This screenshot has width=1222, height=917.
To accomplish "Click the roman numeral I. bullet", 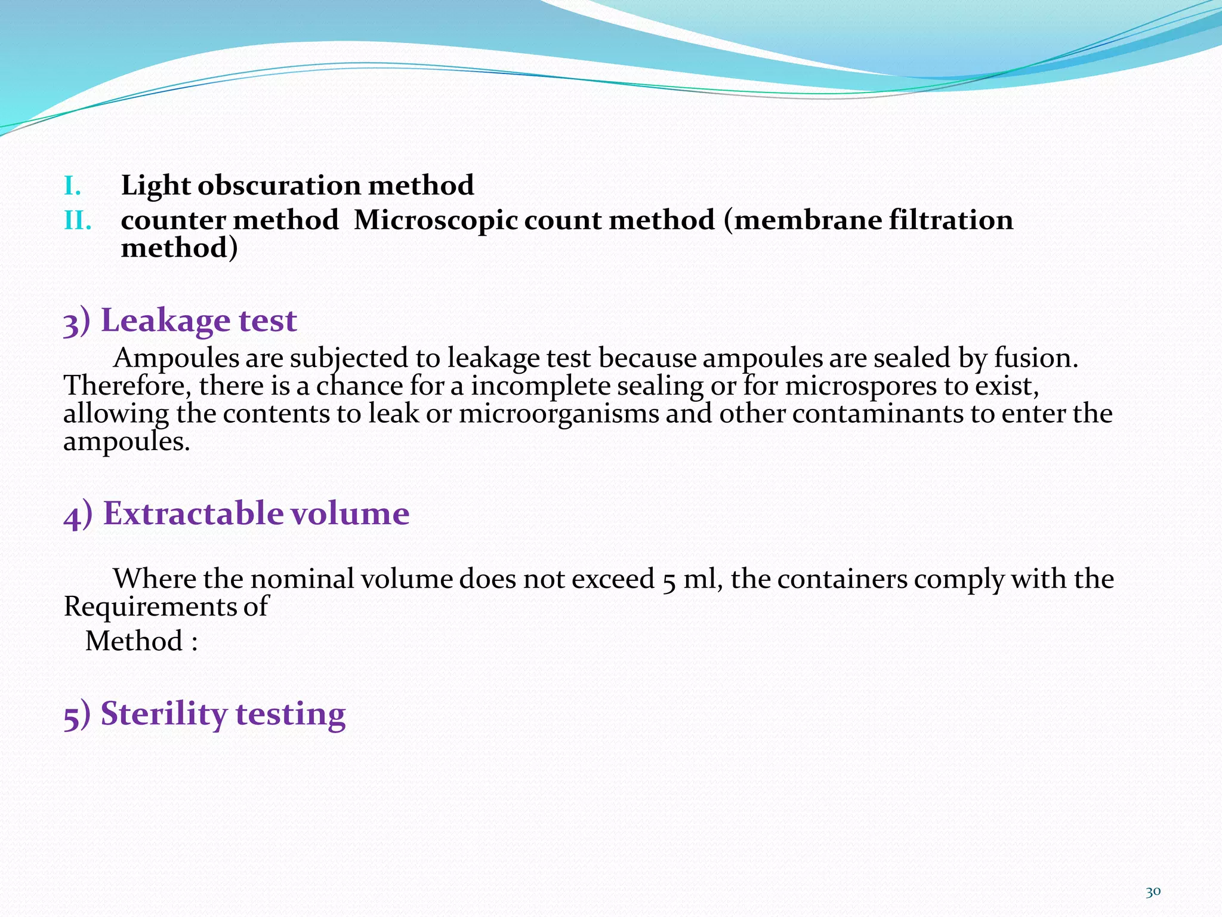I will (72, 187).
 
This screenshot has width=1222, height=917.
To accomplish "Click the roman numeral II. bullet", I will (78, 221).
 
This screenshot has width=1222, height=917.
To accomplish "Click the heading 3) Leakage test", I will (180, 321).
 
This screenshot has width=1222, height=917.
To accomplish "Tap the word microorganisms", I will (558, 414).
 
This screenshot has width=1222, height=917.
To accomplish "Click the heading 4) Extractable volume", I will (236, 513).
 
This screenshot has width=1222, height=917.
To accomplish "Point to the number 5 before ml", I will (668, 580).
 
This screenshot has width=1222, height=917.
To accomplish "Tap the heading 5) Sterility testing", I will (204, 714).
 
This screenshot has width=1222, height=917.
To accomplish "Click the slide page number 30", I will (1153, 892).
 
